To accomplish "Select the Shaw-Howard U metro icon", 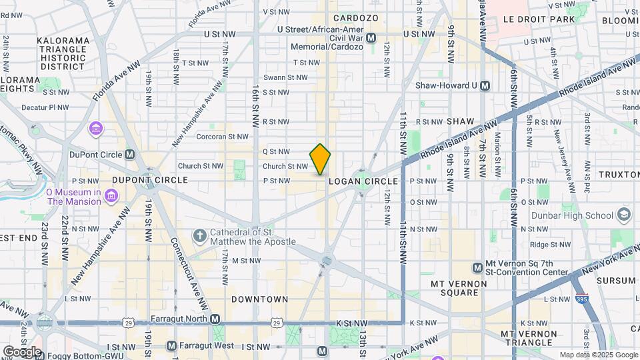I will pos(485,85).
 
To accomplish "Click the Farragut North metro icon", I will pos(215,320).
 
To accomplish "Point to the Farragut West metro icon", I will pos(171,346).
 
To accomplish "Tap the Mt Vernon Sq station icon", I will pos(477,267).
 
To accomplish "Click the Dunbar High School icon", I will pos(624,215).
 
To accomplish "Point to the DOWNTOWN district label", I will pos(260,299).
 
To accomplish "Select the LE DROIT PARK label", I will pos(539,20).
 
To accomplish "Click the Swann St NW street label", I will pos(285,77).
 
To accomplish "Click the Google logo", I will pos(22,351).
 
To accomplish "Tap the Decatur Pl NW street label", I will pos(45,107).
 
